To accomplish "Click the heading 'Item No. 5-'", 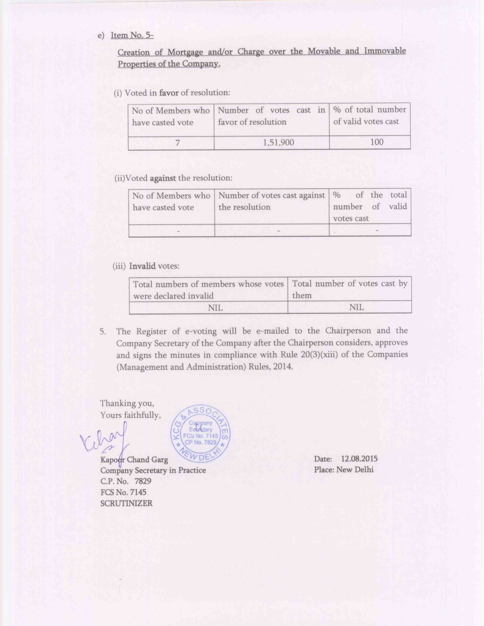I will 132,35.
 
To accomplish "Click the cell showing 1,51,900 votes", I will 278,142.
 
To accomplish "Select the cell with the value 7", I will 177,143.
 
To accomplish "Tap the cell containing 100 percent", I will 376,142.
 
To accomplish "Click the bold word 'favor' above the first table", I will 169,93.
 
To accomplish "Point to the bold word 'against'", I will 162,178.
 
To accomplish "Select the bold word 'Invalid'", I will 142,266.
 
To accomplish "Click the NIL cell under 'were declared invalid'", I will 215,308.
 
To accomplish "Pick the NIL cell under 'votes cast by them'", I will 356,307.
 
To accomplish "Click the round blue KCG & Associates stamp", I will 200,433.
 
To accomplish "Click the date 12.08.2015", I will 359,459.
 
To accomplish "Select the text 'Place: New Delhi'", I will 344,470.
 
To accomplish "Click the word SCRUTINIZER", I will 126,504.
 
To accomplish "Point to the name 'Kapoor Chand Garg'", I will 134,460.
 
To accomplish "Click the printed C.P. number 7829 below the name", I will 142,481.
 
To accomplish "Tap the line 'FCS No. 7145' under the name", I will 123,492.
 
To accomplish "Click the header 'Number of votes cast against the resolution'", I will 271,201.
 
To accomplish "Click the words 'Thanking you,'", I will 127,403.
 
